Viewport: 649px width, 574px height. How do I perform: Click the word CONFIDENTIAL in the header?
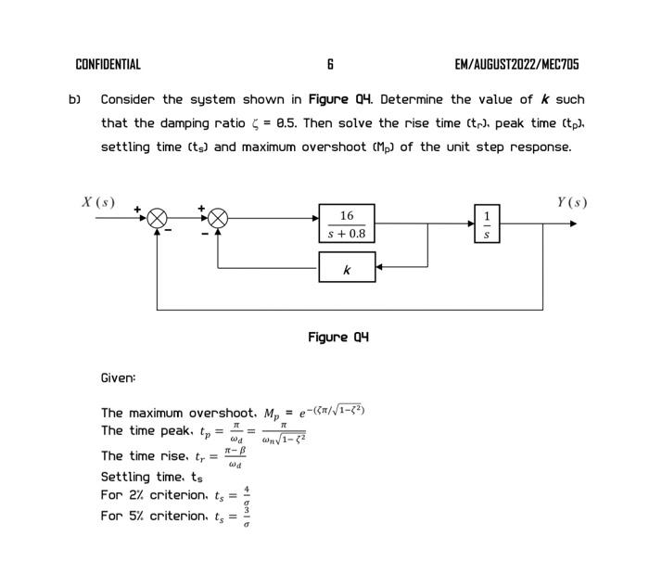click(x=108, y=64)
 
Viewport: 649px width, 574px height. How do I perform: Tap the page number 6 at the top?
click(x=330, y=64)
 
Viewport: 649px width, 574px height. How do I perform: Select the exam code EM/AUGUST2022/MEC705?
click(x=516, y=64)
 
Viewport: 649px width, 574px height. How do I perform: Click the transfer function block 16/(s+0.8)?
click(x=347, y=223)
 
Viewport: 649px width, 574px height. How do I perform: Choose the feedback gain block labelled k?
click(x=347, y=268)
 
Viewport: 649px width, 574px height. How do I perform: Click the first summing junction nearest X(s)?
click(x=158, y=219)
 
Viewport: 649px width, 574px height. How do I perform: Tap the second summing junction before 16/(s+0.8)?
click(x=218, y=219)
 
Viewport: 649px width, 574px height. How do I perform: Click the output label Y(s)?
click(x=571, y=202)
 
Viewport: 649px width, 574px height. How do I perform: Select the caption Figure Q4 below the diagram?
click(x=338, y=337)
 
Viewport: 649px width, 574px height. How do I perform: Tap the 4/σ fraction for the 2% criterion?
click(x=247, y=494)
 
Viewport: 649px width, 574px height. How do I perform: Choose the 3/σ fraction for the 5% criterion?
click(x=247, y=517)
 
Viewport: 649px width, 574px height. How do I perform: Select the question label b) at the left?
click(x=75, y=99)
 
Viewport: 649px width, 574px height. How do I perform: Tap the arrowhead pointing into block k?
click(x=380, y=268)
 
